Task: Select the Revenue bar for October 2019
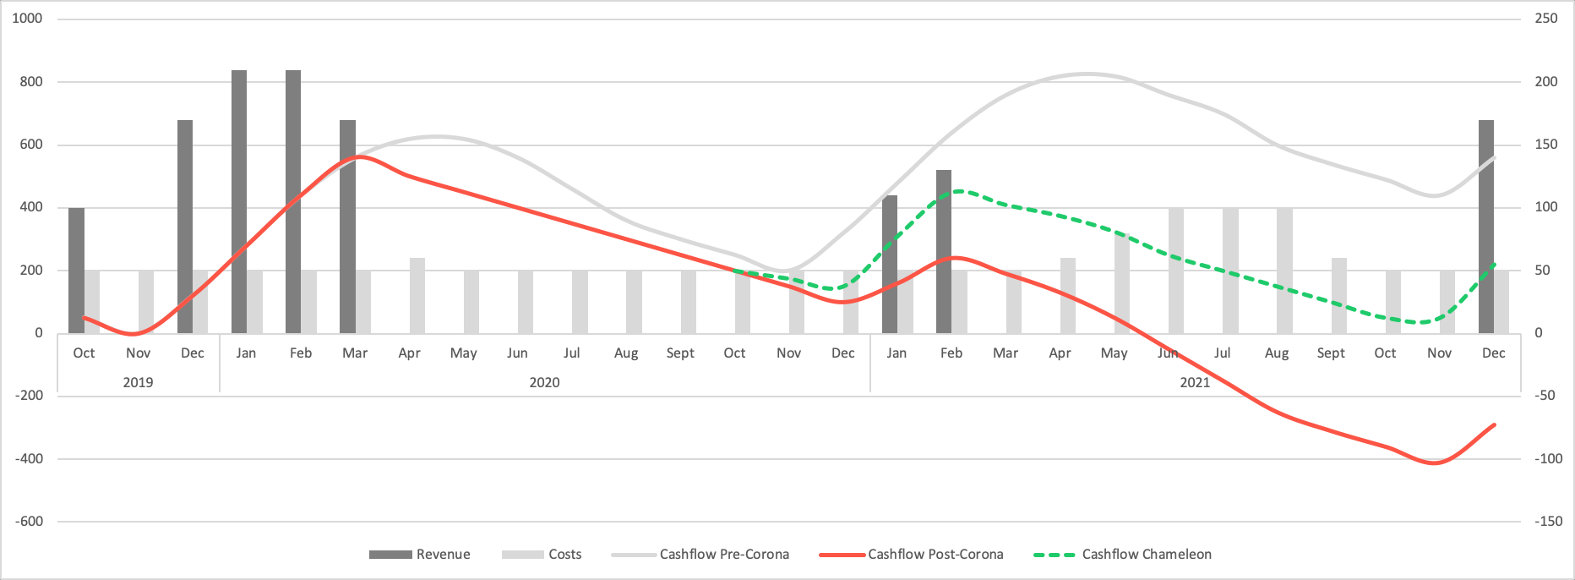(x=76, y=271)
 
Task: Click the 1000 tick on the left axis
(x=27, y=19)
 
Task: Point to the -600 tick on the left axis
(x=29, y=522)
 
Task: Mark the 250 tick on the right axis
(x=1546, y=19)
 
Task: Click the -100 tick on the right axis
(x=1548, y=459)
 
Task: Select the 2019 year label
(x=138, y=383)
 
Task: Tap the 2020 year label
(x=544, y=383)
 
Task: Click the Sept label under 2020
(x=680, y=353)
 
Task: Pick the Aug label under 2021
(x=1276, y=353)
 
